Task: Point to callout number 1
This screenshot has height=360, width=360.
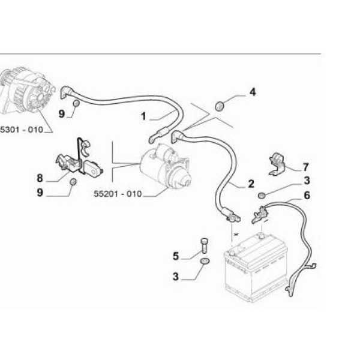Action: pos(143,116)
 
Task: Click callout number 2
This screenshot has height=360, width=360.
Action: pos(250,184)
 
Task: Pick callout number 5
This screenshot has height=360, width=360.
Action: pos(176,256)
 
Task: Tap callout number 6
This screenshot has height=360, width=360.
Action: pos(307,195)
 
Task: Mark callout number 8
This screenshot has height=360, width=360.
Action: pos(40,178)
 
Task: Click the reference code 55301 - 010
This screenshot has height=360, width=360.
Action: pos(22,130)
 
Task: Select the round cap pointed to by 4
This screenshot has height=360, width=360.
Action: pos(220,106)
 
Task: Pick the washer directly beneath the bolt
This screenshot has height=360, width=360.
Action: pos(204,261)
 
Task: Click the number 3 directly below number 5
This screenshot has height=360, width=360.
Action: pos(176,277)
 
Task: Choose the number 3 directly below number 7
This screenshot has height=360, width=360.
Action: pos(306,180)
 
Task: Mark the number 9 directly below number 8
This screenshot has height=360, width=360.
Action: pos(40,193)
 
